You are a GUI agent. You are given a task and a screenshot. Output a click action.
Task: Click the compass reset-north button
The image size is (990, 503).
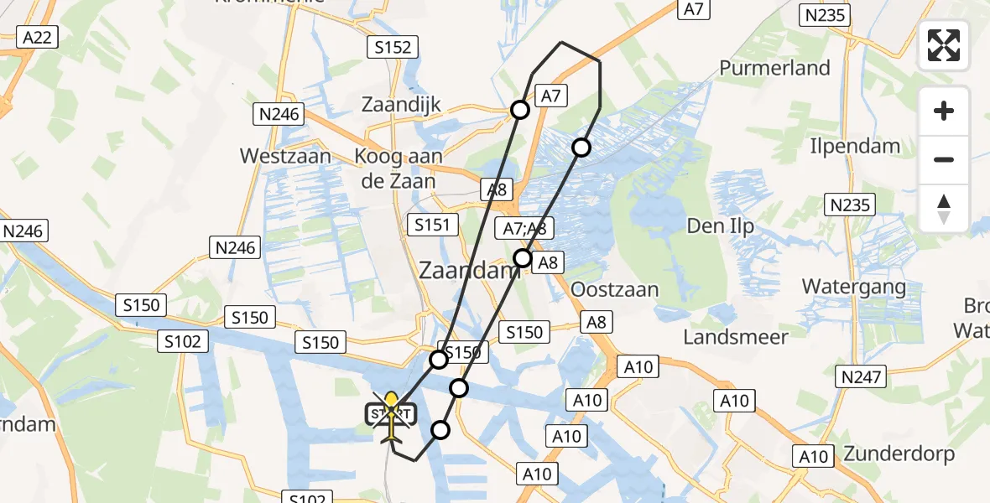(x=944, y=209)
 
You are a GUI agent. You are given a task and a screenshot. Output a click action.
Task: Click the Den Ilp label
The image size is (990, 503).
(x=721, y=226)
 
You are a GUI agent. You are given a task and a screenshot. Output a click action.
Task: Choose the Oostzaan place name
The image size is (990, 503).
(x=614, y=289)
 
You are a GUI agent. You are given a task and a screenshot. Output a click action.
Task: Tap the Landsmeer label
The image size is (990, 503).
(x=736, y=337)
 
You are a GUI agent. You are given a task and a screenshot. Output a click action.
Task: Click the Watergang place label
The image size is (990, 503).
(x=854, y=287)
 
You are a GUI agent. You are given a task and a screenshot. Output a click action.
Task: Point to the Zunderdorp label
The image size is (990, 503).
(x=899, y=454)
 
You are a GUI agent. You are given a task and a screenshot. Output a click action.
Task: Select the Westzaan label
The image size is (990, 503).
(x=285, y=156)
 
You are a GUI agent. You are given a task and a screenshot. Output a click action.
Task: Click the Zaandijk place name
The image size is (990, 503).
(x=401, y=105)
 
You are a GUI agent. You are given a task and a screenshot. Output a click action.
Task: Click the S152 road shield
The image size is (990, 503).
(x=393, y=48)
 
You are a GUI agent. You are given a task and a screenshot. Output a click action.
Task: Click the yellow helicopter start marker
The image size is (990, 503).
(x=391, y=416)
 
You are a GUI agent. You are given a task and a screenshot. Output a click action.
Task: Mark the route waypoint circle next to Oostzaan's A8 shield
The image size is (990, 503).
(x=523, y=257)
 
